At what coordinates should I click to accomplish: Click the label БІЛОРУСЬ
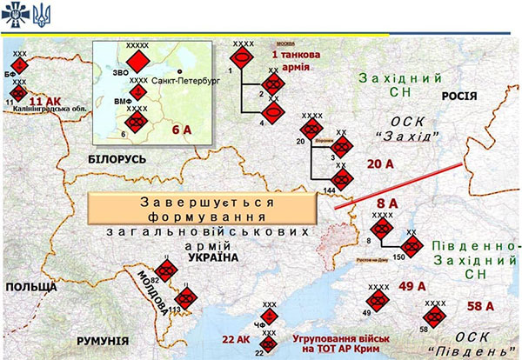pyautogui.click(x=117, y=159)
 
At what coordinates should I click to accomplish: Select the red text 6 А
pyautogui.click(x=182, y=130)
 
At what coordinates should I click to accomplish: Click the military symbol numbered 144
pyautogui.click(x=342, y=180)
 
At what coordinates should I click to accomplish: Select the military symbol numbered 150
pyautogui.click(x=412, y=246)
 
